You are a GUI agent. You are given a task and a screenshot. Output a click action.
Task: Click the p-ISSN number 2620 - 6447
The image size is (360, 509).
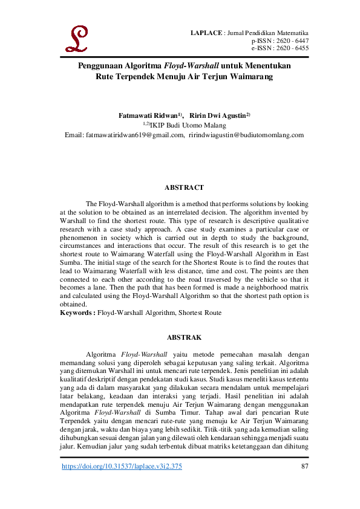[x=292, y=39]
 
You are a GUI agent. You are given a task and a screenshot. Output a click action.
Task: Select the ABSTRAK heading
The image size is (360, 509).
[x=184, y=337]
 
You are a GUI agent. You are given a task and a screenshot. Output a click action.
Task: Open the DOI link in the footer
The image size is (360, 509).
[x=122, y=467]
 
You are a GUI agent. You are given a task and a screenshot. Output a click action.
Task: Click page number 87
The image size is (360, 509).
[x=304, y=467]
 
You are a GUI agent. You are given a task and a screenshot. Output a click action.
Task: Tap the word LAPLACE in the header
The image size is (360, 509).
[x=206, y=31]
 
